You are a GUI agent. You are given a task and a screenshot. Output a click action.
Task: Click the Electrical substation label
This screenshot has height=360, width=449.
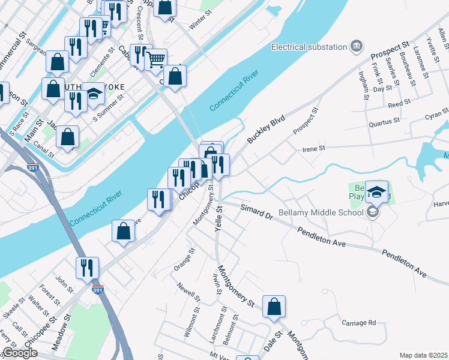(309, 47)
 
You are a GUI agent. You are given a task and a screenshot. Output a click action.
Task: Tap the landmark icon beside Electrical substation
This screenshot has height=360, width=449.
(357, 46)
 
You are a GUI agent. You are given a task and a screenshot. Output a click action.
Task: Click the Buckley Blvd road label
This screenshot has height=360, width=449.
(265, 129)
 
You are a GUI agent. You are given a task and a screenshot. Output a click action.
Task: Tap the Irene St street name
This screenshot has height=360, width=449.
(313, 148)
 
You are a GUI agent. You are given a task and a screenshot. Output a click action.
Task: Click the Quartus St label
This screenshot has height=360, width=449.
(385, 121)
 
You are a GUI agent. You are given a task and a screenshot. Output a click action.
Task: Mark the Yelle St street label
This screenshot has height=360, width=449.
(217, 218)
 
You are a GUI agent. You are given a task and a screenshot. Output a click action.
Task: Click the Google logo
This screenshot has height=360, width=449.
(20, 353)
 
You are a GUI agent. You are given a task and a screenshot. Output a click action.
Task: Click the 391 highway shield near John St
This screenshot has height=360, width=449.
(97, 290)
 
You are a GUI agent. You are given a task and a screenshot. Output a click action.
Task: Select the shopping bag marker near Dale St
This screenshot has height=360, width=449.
(274, 307)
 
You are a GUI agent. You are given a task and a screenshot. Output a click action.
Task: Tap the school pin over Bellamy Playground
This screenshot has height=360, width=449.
(376, 192)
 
